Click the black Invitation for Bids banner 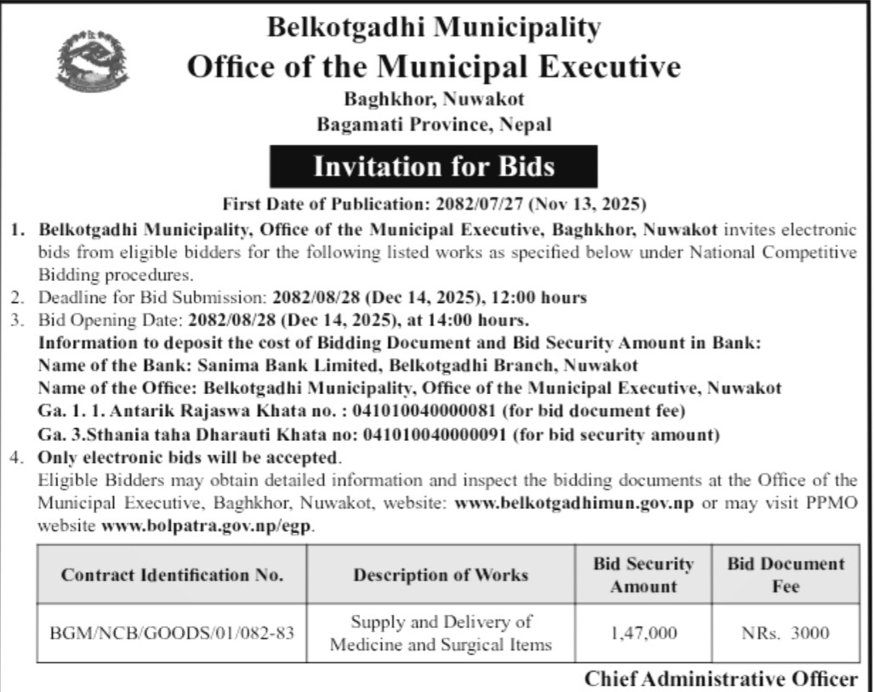coord(433,166)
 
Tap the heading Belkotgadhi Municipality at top coord(433,27)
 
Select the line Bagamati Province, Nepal coord(434,124)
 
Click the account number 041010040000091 coord(437,434)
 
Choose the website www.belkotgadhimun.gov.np coord(574,503)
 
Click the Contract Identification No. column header coord(172,575)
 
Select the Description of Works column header coord(441,575)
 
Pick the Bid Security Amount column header coord(643,575)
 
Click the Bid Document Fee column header coord(785,575)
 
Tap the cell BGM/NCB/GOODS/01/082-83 coord(172,633)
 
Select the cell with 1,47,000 coord(643,633)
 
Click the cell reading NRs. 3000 coord(785,633)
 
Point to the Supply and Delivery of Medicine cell coord(441,633)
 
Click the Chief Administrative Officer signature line coord(721,679)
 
